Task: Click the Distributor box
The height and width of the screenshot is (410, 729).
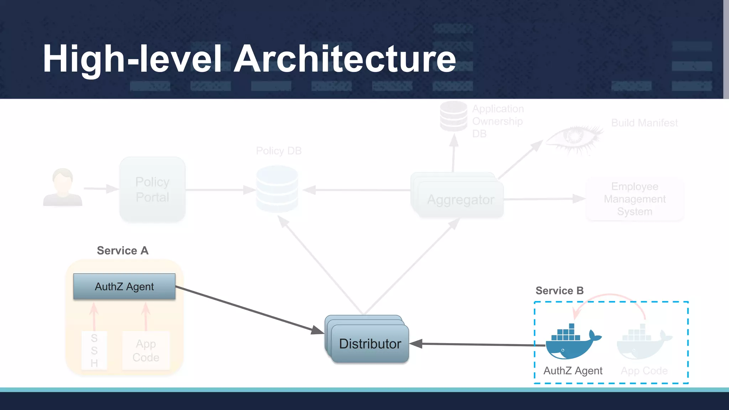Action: (370, 343)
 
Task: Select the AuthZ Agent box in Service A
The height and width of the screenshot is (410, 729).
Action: (124, 287)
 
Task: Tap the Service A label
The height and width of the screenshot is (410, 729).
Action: (122, 251)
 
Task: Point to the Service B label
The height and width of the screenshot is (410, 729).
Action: (560, 290)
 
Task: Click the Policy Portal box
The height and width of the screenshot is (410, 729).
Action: (152, 189)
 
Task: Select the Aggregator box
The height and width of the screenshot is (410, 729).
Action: (460, 199)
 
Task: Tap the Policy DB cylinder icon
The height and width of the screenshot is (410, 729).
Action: (277, 189)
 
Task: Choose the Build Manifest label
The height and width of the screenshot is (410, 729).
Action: (644, 123)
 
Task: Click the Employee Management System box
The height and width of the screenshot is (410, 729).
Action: (635, 199)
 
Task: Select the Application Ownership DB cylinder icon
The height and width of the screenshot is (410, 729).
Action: (453, 116)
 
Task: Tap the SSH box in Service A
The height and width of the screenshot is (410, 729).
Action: (94, 350)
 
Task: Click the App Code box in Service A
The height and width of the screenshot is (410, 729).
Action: (146, 350)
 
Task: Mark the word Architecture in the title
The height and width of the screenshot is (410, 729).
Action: (345, 59)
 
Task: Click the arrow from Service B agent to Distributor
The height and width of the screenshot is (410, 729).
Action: (481, 345)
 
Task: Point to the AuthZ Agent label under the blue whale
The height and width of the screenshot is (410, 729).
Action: (573, 371)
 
